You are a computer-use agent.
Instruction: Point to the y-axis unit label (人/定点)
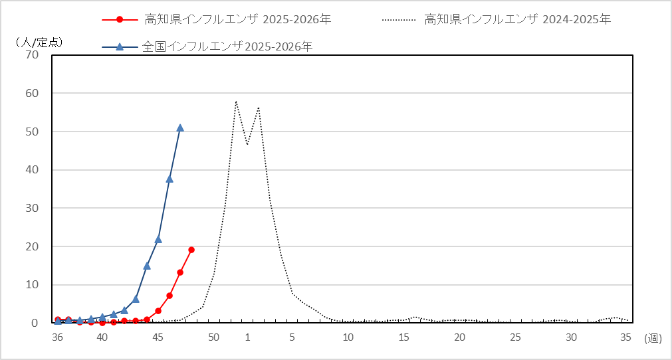pyautogui.click(x=38, y=42)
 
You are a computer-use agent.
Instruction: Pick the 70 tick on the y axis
pyautogui.click(x=32, y=55)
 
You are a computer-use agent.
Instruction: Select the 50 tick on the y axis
pyautogui.click(x=32, y=132)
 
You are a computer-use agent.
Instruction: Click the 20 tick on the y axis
pyautogui.click(x=32, y=246)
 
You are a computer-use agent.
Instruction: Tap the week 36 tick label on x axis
pyautogui.click(x=58, y=337)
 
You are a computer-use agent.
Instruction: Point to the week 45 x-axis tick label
pyautogui.click(x=158, y=337)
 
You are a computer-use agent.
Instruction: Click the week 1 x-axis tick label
pyautogui.click(x=247, y=337)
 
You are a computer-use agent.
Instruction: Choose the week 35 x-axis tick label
pyautogui.click(x=625, y=337)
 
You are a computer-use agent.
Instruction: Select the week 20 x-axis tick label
pyautogui.click(x=459, y=337)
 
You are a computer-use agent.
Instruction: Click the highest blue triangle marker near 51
pyautogui.click(x=180, y=128)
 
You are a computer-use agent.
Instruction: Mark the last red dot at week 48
pyautogui.click(x=191, y=250)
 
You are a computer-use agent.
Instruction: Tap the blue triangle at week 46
pyautogui.click(x=169, y=179)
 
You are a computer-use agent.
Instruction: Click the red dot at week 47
pyautogui.click(x=180, y=272)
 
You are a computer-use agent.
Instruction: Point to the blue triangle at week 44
pyautogui.click(x=147, y=266)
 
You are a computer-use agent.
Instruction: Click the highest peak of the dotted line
pyautogui.click(x=236, y=102)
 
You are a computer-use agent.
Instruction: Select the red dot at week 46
pyautogui.click(x=169, y=296)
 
